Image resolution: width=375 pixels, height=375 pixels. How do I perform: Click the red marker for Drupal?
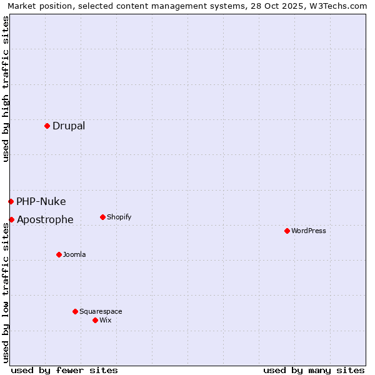click(47, 126)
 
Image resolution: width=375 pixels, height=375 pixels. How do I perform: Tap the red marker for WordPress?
click(287, 231)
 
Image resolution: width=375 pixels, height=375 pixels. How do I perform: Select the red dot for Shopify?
click(102, 217)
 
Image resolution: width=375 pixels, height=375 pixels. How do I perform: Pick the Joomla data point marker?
click(59, 254)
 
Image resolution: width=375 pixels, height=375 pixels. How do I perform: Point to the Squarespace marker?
click(75, 311)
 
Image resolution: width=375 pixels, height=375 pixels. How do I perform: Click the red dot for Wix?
click(95, 320)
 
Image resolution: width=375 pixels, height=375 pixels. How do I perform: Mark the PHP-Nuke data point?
click(11, 201)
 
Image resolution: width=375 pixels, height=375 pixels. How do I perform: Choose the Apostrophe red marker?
click(11, 219)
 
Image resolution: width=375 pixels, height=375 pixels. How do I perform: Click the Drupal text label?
click(69, 126)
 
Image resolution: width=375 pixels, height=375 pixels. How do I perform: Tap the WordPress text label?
click(309, 231)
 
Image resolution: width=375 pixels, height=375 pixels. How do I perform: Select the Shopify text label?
click(119, 217)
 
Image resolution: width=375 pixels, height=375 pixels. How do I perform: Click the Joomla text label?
click(74, 254)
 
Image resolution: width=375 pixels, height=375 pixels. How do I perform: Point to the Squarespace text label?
click(101, 311)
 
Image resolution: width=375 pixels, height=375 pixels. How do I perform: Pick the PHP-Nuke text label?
click(41, 201)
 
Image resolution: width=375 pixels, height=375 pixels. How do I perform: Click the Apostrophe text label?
click(45, 220)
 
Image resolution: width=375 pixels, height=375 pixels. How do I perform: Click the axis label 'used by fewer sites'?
click(64, 370)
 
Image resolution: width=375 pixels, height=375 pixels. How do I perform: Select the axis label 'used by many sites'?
click(314, 370)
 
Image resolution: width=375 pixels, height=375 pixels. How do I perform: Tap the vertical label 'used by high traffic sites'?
click(6, 89)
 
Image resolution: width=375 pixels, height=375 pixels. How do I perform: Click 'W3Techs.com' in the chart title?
click(341, 6)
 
